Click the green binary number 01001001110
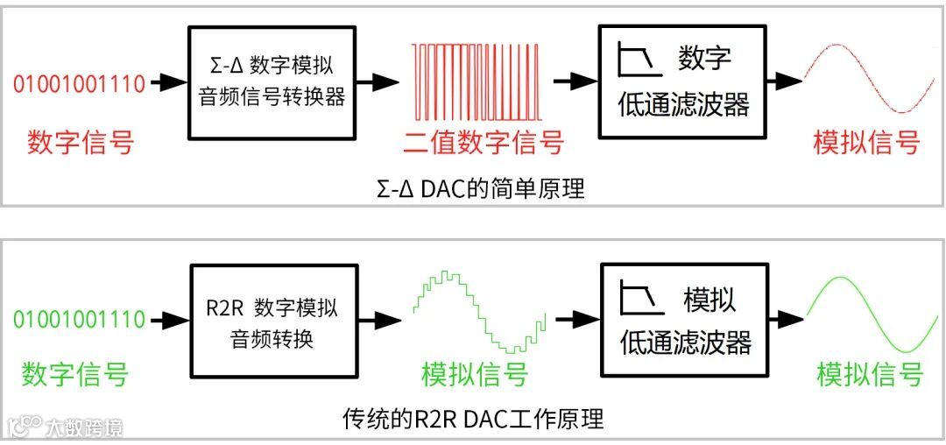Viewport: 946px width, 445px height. (79, 319)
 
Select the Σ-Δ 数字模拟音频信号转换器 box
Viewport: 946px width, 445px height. (272, 81)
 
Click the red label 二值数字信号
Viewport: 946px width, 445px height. (484, 142)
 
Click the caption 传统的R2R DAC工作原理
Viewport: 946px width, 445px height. (473, 419)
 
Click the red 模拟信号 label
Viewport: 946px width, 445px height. (867, 142)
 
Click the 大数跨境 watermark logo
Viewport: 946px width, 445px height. (65, 427)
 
